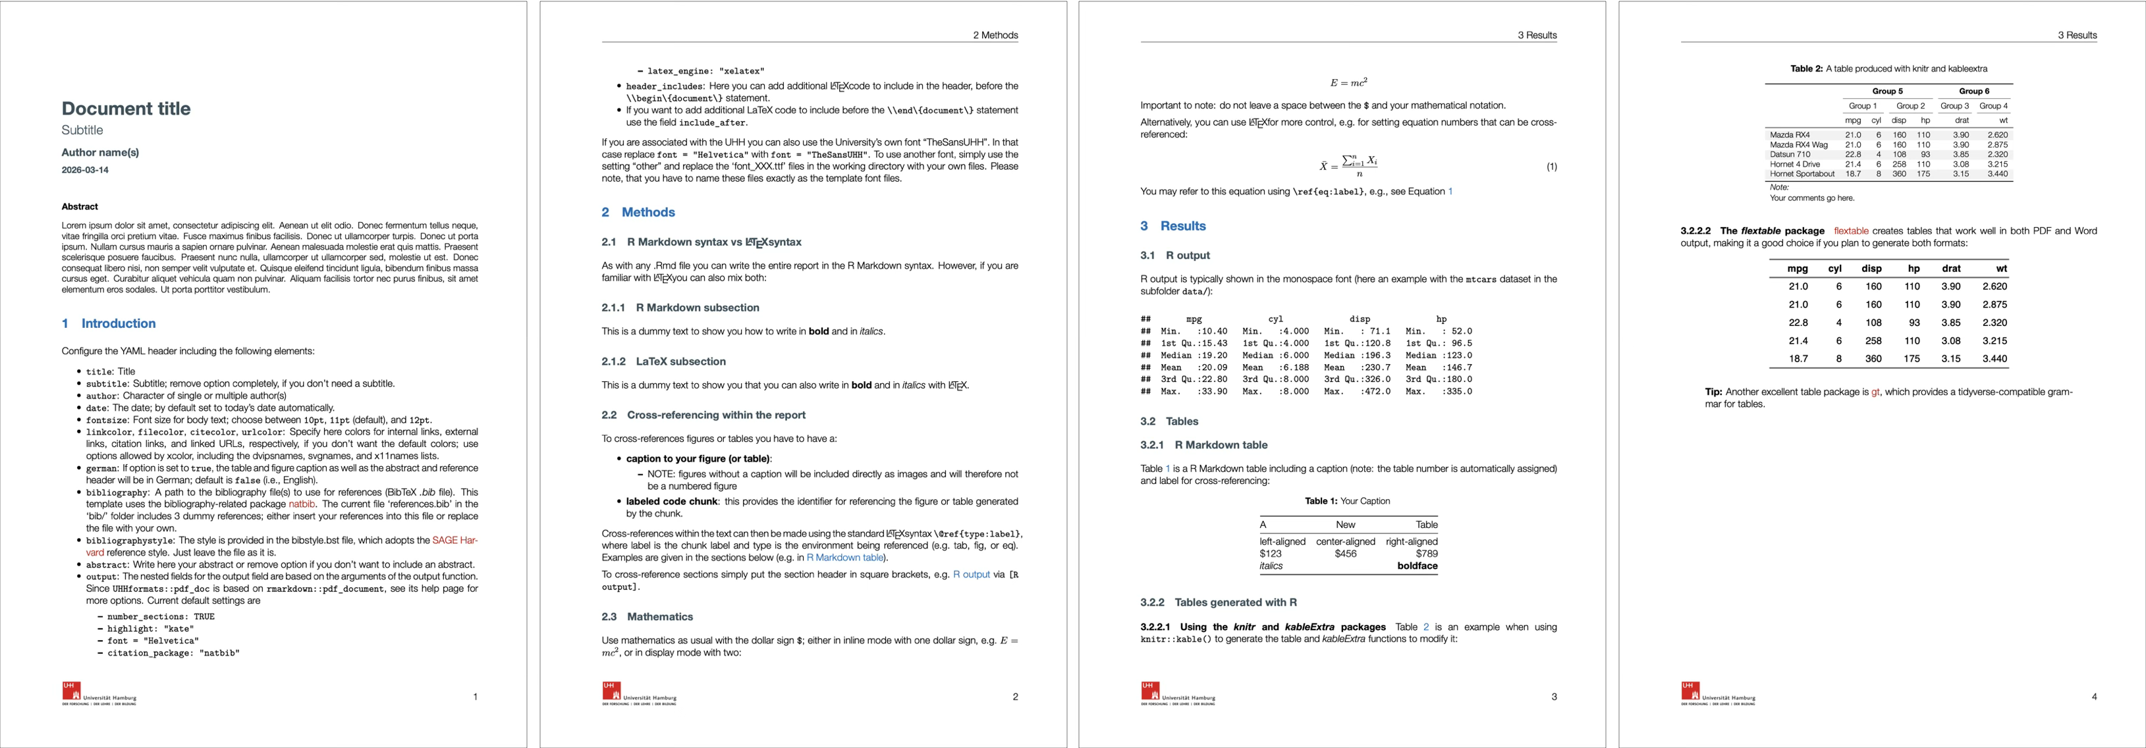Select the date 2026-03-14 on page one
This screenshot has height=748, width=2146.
click(85, 170)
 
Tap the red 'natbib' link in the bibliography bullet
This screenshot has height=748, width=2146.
click(302, 504)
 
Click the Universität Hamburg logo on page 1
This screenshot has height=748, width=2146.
click(98, 693)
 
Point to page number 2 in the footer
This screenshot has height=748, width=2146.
click(1014, 697)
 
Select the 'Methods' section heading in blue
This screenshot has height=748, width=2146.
click(647, 213)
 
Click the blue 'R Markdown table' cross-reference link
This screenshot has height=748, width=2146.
click(844, 557)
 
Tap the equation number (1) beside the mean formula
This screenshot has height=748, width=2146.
click(1551, 167)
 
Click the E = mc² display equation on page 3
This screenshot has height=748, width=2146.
click(1348, 82)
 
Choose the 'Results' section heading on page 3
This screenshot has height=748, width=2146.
click(1182, 226)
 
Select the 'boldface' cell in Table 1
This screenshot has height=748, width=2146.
click(1417, 566)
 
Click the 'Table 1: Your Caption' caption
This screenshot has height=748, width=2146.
click(1346, 500)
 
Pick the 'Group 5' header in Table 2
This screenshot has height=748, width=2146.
click(1887, 91)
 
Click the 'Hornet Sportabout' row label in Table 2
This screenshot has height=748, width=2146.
click(1801, 174)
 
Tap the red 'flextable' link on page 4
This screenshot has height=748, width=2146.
click(1850, 230)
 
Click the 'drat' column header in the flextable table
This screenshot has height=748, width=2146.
click(1950, 268)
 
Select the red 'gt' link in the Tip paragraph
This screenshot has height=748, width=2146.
click(1875, 392)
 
